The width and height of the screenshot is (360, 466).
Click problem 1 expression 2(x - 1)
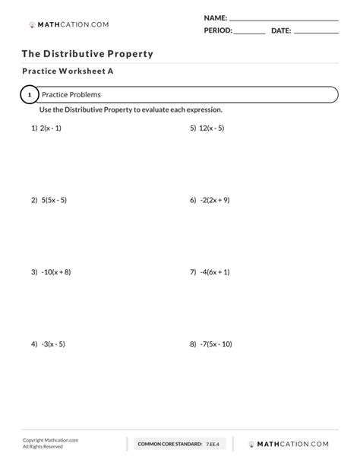pyautogui.click(x=52, y=128)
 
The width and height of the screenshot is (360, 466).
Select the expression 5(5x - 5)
pyautogui.click(x=54, y=201)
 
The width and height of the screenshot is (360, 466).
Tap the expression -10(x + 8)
pyautogui.click(x=56, y=271)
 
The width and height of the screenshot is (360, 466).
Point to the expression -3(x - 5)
pyautogui.click(x=53, y=344)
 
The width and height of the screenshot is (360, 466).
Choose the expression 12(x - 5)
pyautogui.click(x=212, y=128)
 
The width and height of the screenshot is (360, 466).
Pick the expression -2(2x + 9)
pyautogui.click(x=215, y=201)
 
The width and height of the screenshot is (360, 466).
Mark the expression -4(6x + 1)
pyautogui.click(x=215, y=271)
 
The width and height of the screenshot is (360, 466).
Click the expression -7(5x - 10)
pyautogui.click(x=216, y=344)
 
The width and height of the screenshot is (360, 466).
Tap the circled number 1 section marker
pyautogui.click(x=29, y=95)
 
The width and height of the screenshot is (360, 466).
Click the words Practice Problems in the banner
pyautogui.click(x=71, y=95)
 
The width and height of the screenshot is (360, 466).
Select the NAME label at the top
pyautogui.click(x=215, y=17)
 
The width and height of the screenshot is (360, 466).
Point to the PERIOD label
pyautogui.click(x=217, y=31)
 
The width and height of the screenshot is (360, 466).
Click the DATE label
pyautogui.click(x=281, y=31)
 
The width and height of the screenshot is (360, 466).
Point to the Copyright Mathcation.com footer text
pyautogui.click(x=50, y=440)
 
